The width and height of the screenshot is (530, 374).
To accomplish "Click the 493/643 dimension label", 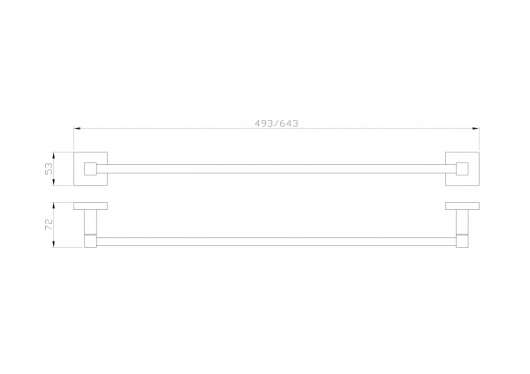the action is pos(276,123).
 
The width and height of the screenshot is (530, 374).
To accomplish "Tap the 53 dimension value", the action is pos(49,168).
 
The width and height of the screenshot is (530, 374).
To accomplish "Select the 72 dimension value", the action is pos(49,224).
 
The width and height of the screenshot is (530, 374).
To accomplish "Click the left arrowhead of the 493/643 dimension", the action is pos(77,128).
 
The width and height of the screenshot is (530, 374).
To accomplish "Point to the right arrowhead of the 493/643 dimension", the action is pos(475,128).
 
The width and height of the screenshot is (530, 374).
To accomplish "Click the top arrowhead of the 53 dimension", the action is pos(53,155).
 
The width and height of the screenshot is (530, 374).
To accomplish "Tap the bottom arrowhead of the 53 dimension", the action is pos(53,183).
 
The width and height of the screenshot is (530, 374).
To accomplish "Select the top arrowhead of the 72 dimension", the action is pos(53,206).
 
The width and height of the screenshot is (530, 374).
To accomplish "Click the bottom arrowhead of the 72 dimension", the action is pos(53,243).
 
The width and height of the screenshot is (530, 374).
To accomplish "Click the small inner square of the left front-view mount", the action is pos(90,168).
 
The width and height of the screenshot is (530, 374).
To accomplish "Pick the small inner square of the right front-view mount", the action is pos(462,168).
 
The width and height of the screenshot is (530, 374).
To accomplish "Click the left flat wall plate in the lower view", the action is pos(91,206).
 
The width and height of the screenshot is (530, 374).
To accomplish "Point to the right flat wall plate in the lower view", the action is pos(462,206).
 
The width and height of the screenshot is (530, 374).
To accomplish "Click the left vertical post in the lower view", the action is pos(90,221).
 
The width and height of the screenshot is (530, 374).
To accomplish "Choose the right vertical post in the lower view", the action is pos(462,221).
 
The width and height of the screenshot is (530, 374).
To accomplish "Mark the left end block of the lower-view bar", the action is pos(90,241).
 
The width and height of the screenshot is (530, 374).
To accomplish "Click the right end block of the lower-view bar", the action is pos(462,241).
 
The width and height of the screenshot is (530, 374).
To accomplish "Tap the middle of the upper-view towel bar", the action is pos(276,168).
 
